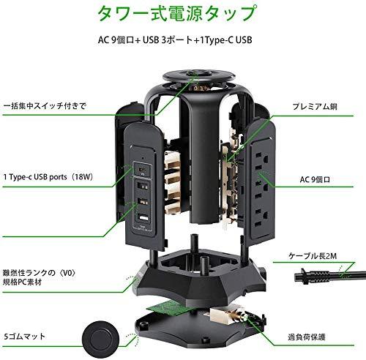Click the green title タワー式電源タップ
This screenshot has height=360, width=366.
176,13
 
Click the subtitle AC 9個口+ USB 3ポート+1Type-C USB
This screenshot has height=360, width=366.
175,40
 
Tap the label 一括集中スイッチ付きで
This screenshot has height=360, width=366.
45,106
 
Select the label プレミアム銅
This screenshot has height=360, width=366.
315,107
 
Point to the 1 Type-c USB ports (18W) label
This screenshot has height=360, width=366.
48,177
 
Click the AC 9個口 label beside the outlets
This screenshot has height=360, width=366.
315,180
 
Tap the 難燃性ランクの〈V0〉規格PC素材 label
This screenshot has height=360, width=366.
39,277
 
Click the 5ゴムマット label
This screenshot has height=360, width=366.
25,337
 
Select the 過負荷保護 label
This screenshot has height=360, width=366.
307,337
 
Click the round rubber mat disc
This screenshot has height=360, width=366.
101,340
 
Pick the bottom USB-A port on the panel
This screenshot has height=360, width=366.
143,217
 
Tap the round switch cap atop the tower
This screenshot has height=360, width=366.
199,76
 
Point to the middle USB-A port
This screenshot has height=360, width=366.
143,202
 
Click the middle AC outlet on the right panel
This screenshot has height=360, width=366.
261,190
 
